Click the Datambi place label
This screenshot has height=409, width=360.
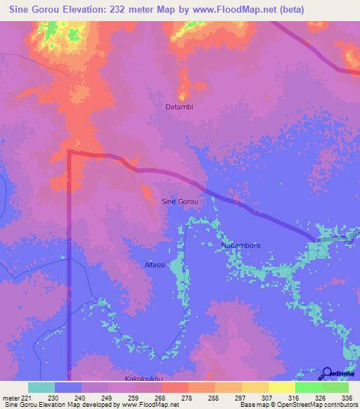tap(179, 108)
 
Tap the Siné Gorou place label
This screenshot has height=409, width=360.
tap(180, 202)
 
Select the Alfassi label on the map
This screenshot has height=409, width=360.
tap(155, 265)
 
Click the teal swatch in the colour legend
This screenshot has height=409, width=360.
tap(41, 387)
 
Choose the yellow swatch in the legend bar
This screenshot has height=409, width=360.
tap(282, 387)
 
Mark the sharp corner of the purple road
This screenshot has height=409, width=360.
tap(69, 152)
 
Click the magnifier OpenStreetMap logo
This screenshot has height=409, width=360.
tap(327, 372)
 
